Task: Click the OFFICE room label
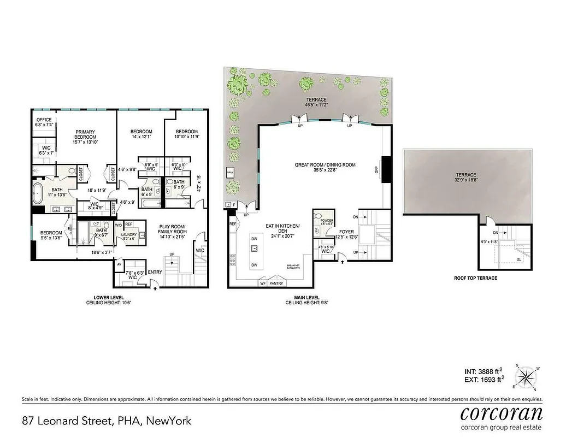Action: pyautogui.click(x=44, y=120)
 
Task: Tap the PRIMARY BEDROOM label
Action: pyautogui.click(x=86, y=134)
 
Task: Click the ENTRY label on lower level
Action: pyautogui.click(x=155, y=272)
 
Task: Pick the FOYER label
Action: pyautogui.click(x=346, y=231)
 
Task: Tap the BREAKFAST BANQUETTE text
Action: pyautogui.click(x=294, y=267)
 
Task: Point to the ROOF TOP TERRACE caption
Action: pyautogui.click(x=475, y=278)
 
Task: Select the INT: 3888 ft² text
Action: pyautogui.click(x=482, y=370)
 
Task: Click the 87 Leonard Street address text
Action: pyautogui.click(x=107, y=421)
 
